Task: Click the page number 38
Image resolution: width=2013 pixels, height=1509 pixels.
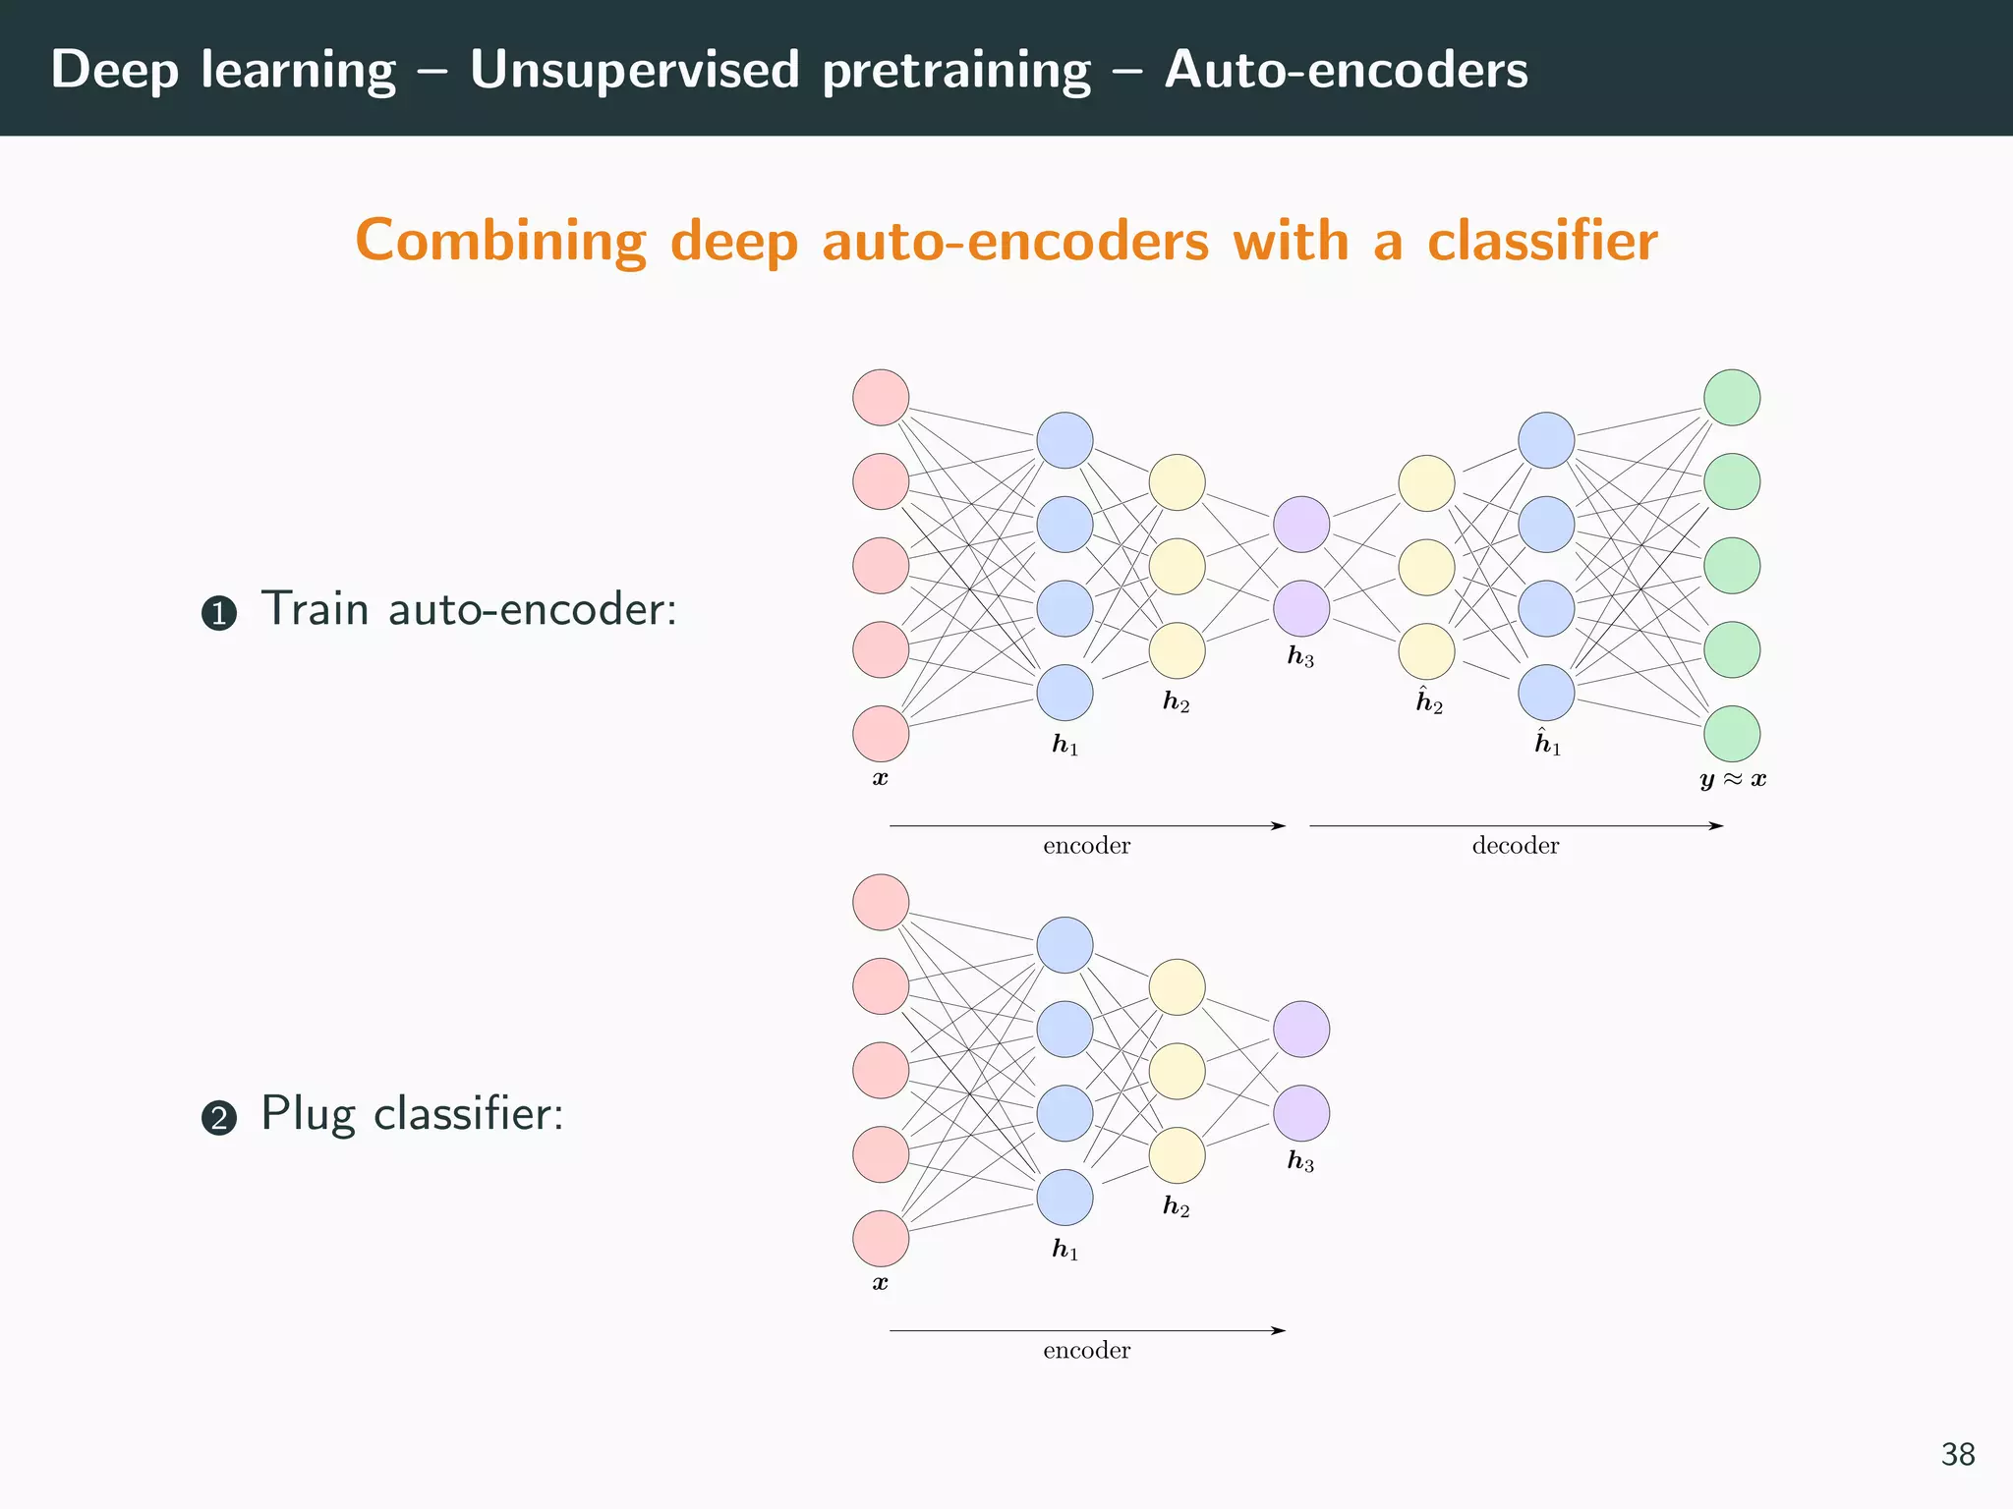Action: pos(1957,1454)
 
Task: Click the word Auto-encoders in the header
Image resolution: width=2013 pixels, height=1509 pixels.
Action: pos(1346,71)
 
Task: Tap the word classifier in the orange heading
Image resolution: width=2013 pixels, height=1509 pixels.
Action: pos(1542,241)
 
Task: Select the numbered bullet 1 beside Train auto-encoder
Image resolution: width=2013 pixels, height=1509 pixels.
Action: pos(219,614)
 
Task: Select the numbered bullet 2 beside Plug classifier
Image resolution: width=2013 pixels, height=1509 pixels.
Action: pos(219,1118)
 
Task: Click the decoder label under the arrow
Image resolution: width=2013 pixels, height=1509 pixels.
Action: pos(1515,846)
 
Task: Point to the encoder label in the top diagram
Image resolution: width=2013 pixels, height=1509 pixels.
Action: pos(1086,846)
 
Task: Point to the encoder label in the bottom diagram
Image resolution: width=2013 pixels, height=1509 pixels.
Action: pos(1086,1351)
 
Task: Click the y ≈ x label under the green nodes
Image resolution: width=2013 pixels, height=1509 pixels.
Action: pos(1733,780)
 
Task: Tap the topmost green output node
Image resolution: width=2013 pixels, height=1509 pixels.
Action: pos(1731,398)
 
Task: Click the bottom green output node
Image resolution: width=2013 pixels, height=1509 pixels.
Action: pos(1731,734)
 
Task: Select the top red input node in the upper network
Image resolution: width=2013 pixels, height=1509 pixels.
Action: pos(881,398)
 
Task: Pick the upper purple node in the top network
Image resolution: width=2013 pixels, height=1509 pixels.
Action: pos(1301,525)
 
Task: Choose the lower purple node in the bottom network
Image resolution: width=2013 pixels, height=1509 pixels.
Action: pos(1301,1113)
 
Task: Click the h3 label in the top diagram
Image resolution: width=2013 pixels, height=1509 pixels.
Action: pos(1300,657)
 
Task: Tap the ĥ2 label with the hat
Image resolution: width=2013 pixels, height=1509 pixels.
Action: pos(1429,701)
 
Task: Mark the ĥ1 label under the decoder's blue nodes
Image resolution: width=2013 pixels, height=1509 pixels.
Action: pos(1548,743)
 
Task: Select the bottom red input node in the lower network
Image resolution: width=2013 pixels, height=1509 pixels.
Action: pos(881,1239)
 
